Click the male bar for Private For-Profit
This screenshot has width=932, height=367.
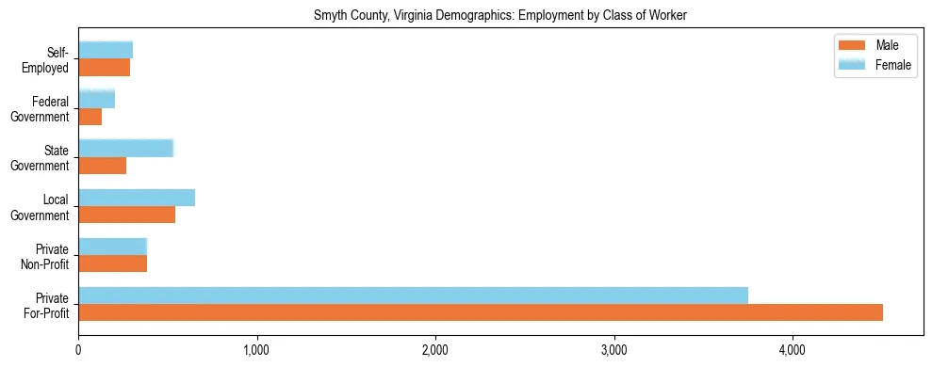[481, 312]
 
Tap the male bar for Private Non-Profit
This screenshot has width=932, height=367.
[113, 263]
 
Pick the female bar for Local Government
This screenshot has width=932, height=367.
[137, 198]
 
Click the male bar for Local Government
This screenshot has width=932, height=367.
[127, 215]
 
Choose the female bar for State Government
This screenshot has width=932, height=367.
[125, 149]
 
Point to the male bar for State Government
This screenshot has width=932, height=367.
[103, 166]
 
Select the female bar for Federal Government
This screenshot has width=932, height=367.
[97, 100]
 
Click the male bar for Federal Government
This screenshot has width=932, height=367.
[90, 117]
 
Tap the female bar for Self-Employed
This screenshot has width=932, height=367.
[106, 51]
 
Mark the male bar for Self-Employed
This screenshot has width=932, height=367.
[105, 68]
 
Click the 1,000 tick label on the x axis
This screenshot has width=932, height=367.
[256, 352]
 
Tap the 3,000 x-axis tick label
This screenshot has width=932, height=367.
[613, 352]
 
